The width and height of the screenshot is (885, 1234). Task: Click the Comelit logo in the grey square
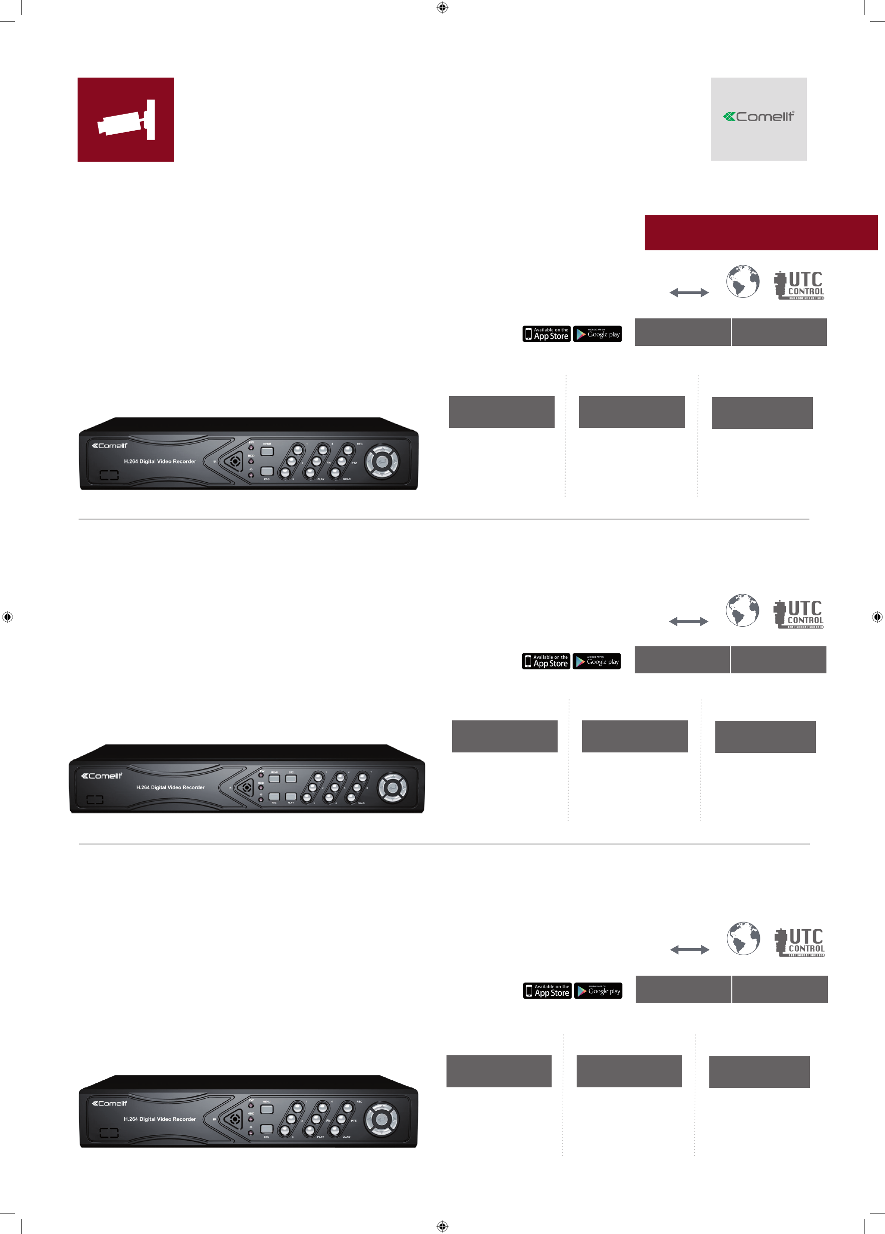click(x=758, y=117)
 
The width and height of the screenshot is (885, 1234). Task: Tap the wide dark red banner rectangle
click(x=760, y=232)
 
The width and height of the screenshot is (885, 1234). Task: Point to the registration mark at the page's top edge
click(x=442, y=8)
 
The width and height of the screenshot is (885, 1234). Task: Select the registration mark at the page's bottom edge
click(x=442, y=1226)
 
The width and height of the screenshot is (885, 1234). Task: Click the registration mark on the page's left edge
click(x=7, y=617)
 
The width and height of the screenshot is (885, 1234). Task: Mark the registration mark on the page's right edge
click(x=877, y=617)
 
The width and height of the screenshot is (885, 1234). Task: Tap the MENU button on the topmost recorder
click(x=267, y=451)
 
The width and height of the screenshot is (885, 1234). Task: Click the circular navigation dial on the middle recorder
click(x=392, y=787)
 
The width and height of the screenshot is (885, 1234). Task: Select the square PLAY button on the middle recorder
click(x=291, y=796)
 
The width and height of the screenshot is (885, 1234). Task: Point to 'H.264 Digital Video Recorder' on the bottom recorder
click(x=159, y=1119)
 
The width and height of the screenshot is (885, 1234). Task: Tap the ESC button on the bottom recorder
click(x=266, y=1129)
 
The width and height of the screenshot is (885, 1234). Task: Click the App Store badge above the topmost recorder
click(x=546, y=334)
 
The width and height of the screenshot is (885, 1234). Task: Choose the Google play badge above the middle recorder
click(x=597, y=662)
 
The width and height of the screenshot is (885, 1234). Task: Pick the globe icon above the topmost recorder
click(x=742, y=281)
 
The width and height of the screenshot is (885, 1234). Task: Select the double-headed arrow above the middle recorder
click(x=688, y=621)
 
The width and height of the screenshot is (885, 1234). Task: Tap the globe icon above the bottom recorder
click(x=743, y=939)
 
